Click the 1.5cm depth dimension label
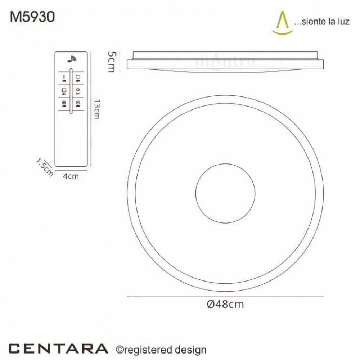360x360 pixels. tap(44, 168)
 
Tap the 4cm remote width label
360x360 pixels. tap(71, 176)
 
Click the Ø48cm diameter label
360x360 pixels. tap(225, 305)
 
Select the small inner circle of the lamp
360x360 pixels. tap(225, 193)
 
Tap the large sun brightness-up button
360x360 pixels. tap(64, 90)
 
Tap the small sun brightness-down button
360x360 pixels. tap(78, 91)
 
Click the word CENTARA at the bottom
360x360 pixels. tap(58, 348)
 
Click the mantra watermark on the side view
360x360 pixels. tap(225, 61)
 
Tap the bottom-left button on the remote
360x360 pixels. tap(64, 103)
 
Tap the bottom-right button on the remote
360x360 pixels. tap(78, 103)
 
